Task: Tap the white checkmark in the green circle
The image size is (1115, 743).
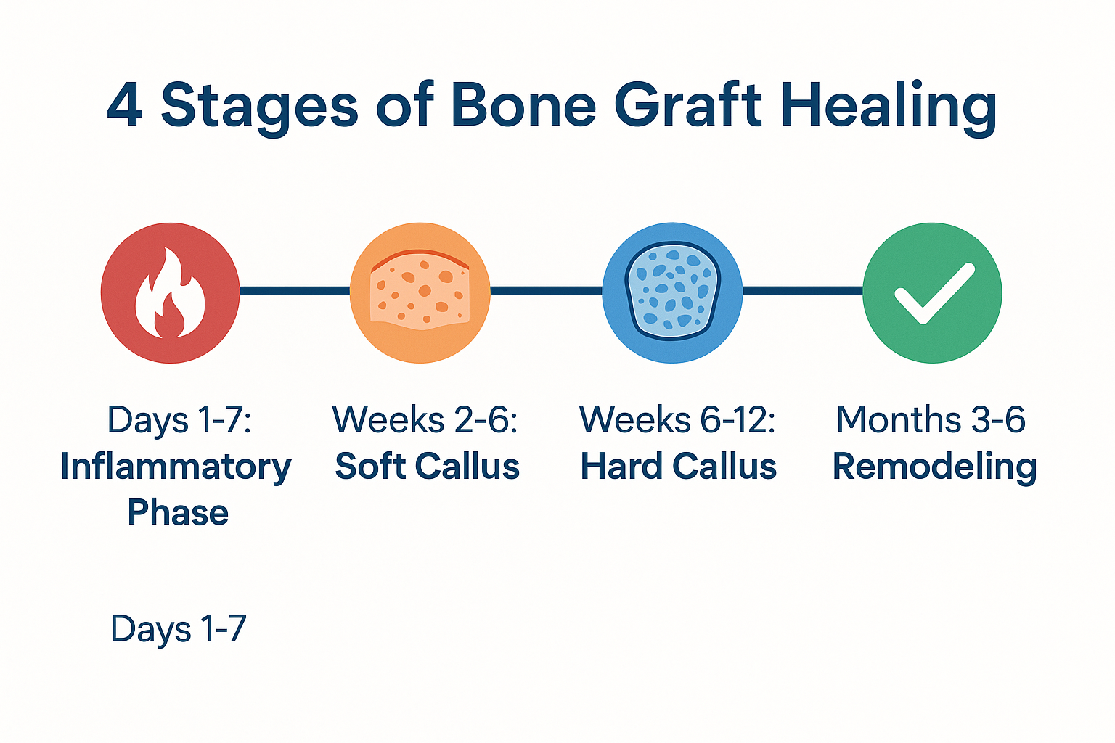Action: pos(934,294)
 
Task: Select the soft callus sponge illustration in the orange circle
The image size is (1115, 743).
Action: pos(420,292)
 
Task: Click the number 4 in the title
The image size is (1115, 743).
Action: pos(124,106)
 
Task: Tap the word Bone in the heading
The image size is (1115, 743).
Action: pos(523,106)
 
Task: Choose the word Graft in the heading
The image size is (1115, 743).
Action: pos(688,106)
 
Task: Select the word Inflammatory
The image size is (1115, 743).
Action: pos(176,467)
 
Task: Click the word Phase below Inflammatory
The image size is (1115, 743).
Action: pos(178,513)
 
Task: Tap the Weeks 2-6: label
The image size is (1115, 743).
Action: pos(425,420)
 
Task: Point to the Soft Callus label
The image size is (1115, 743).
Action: pos(427,467)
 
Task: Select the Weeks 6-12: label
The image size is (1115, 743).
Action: pos(677,420)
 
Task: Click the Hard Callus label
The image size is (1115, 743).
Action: pos(678,467)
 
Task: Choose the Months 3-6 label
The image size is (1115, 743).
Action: pos(931,420)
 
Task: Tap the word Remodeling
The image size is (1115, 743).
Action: pos(934,467)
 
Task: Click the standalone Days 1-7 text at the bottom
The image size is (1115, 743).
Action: pos(178,629)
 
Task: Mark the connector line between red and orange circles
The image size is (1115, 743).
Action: pos(295,291)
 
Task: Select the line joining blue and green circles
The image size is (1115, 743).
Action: pos(802,291)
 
